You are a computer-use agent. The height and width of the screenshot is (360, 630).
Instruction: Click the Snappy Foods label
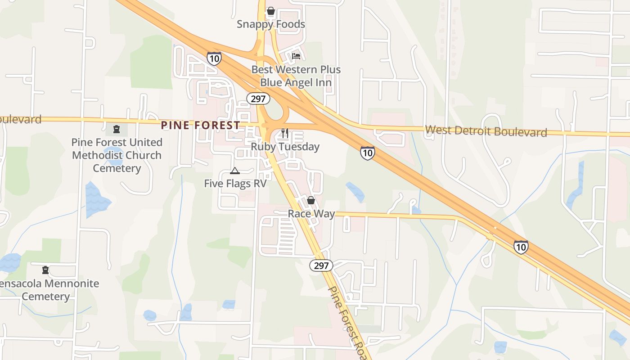(271, 24)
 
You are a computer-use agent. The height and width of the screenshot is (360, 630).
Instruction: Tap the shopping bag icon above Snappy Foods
(270, 10)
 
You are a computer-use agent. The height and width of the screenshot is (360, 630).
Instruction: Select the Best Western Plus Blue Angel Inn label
(296, 76)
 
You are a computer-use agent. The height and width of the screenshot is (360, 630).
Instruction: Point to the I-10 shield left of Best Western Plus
(214, 58)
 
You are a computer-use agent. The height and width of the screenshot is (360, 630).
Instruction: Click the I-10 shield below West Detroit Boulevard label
(367, 153)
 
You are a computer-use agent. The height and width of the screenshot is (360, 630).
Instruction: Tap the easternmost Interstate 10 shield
(521, 247)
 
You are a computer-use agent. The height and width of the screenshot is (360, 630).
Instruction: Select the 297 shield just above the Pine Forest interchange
(258, 99)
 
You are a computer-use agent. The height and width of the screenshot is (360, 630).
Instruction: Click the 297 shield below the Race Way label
(321, 265)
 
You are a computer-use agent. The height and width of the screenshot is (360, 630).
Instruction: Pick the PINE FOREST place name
(200, 126)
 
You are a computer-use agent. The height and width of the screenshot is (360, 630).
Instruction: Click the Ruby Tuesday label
(285, 147)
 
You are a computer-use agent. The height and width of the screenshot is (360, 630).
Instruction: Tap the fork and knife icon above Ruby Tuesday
(284, 133)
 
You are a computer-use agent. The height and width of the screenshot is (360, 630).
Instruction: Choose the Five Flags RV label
(235, 184)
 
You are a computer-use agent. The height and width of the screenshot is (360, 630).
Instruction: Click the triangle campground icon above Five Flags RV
(234, 171)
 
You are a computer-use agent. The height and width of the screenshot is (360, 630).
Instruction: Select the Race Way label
(311, 214)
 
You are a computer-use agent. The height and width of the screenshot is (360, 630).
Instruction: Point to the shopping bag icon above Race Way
(310, 200)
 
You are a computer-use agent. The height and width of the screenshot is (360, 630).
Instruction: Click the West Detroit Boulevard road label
(486, 131)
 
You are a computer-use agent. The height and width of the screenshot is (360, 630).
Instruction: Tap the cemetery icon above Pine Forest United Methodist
(117, 130)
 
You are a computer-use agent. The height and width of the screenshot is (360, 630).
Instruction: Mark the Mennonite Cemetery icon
(45, 270)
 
